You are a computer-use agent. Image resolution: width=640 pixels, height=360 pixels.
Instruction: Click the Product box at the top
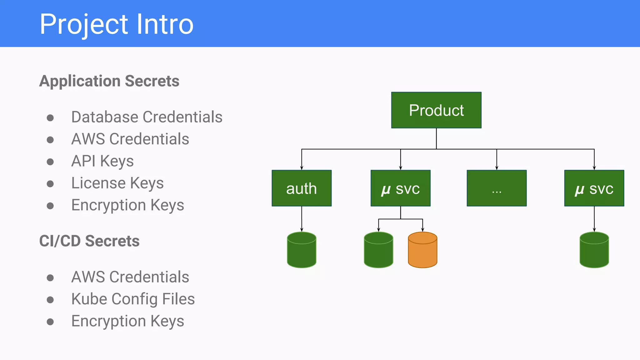tap(436, 110)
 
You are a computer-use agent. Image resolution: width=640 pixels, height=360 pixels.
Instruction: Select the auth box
tap(302, 188)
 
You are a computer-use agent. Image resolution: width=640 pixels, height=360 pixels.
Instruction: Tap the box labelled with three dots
tap(497, 188)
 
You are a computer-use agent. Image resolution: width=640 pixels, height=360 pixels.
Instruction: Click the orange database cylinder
tap(422, 250)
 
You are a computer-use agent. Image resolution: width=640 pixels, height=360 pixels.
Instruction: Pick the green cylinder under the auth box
tap(302, 250)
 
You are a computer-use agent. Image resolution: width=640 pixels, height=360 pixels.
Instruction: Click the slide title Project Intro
tap(117, 24)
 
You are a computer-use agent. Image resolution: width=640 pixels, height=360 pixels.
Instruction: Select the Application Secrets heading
tap(109, 81)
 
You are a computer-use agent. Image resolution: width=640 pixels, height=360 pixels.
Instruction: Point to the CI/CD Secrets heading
tap(89, 241)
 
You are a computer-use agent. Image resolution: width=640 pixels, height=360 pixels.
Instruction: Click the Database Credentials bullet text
tap(147, 117)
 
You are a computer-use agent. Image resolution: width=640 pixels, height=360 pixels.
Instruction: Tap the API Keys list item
tap(102, 161)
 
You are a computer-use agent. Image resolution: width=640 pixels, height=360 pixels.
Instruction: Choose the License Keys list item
tap(117, 183)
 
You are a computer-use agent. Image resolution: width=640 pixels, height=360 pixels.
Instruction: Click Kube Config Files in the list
tap(133, 299)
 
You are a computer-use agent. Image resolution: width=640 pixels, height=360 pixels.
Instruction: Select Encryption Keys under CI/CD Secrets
tap(127, 321)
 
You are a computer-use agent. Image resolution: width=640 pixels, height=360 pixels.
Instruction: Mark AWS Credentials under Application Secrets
tap(130, 139)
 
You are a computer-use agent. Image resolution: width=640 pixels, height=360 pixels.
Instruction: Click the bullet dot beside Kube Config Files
tap(50, 300)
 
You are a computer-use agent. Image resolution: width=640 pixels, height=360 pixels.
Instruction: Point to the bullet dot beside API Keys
tap(50, 162)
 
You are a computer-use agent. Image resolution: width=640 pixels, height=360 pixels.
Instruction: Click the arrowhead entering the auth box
tap(302, 168)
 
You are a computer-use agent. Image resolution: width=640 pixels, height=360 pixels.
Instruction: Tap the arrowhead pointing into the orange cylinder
tap(422, 230)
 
